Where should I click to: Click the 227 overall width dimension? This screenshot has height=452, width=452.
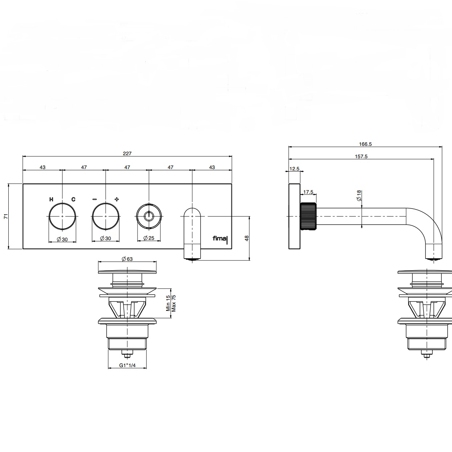[x=127, y=153]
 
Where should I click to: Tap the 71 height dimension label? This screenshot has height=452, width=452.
[x=6, y=216]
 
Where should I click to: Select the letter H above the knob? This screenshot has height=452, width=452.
[x=51, y=200]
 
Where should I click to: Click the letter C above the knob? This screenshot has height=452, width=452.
[x=73, y=200]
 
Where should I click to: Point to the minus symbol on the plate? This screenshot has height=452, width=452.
[x=95, y=200]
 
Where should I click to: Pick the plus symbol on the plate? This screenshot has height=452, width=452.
[x=116, y=200]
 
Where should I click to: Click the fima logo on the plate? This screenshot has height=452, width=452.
[x=220, y=239]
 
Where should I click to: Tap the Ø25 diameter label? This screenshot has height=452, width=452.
[x=149, y=238]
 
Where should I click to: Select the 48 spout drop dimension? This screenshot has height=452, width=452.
[x=247, y=238]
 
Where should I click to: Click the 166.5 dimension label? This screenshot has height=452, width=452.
[x=365, y=144]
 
